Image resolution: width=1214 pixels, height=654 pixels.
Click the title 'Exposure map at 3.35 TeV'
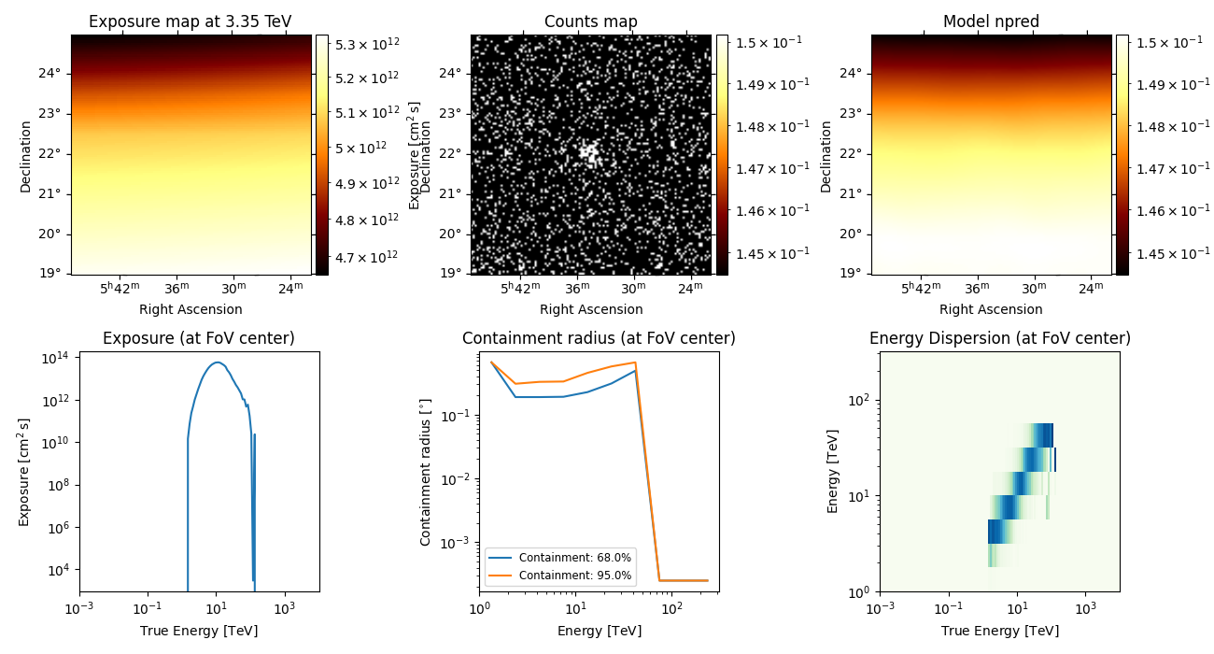click(191, 21)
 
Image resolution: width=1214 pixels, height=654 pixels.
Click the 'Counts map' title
click(590, 21)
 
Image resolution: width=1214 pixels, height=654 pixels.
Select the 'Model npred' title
click(991, 21)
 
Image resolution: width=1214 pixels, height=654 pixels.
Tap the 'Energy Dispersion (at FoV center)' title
click(999, 338)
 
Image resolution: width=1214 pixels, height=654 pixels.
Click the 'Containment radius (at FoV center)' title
click(599, 338)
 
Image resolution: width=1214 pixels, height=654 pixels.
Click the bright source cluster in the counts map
click(588, 151)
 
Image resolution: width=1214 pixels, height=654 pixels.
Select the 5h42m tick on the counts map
click(519, 290)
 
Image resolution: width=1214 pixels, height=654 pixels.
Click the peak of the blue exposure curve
click(217, 363)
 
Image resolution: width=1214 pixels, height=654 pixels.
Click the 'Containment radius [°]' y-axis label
click(426, 472)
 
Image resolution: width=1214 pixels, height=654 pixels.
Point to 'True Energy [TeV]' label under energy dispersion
click(999, 631)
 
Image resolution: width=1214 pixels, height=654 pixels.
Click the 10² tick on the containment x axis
click(672, 609)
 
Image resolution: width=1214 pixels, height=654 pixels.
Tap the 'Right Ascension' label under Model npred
click(991, 309)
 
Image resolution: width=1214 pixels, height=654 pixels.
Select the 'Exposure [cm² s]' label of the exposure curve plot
click(25, 472)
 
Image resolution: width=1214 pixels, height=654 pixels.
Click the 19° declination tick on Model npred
click(853, 273)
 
